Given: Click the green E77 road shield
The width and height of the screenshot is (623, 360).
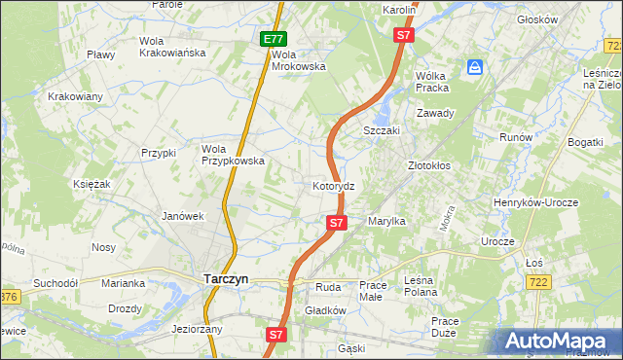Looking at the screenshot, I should [x=274, y=39].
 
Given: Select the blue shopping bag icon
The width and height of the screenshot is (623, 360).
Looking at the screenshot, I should [x=474, y=67].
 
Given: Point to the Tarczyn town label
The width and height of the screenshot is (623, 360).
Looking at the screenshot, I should [x=226, y=278].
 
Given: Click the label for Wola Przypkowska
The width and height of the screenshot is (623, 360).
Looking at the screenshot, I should [x=233, y=155].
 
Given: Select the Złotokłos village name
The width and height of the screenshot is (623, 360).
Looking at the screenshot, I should [x=428, y=165].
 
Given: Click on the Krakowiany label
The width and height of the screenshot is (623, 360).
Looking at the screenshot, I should [x=75, y=96].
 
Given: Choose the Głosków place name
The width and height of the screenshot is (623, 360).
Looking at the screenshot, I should [x=565, y=19].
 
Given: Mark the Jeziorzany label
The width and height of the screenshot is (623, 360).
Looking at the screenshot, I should [x=197, y=329].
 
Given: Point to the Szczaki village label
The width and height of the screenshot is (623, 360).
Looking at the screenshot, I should [x=383, y=130].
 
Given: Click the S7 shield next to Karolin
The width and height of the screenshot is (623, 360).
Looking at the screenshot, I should [x=404, y=35].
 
